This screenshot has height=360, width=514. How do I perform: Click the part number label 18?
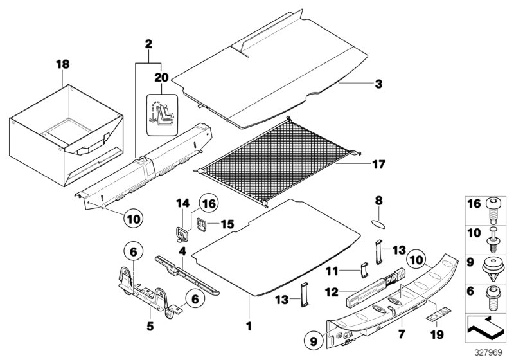coord(62,65)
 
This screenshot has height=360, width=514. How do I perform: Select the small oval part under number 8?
coord(378,223)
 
